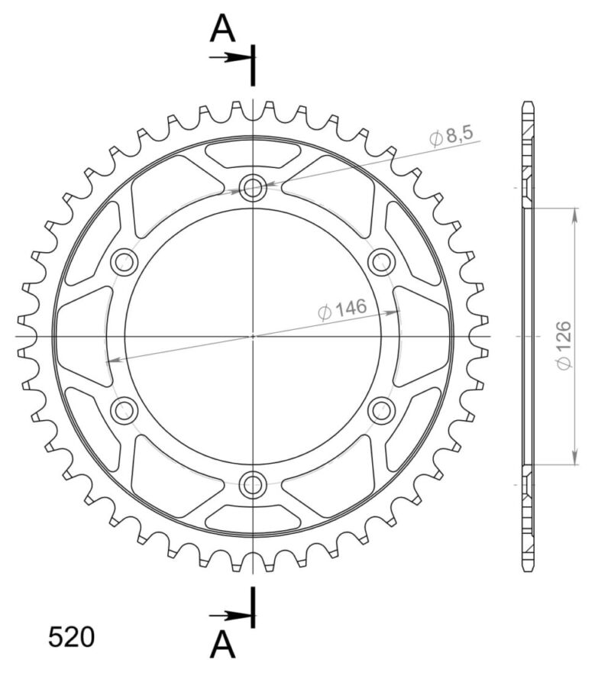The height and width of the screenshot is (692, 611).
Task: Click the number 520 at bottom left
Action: pos(72,637)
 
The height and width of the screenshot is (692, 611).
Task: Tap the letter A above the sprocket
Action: pos(223,30)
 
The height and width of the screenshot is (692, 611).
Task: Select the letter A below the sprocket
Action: pos(223,645)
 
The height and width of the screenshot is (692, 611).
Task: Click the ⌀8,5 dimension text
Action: pos(451,136)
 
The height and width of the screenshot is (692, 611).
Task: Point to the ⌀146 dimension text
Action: pos(342,309)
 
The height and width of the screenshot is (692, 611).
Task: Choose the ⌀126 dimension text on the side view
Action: pos(564,345)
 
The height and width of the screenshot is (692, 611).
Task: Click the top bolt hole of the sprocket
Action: pos(253,188)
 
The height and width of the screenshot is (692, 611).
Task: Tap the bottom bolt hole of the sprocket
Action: pos(253,484)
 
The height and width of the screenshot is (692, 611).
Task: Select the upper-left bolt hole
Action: pos(124,262)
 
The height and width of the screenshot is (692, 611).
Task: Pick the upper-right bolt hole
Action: pos(381,262)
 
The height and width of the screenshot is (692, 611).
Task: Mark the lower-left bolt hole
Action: pos(124,410)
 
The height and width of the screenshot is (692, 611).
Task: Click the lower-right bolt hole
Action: pos(381,410)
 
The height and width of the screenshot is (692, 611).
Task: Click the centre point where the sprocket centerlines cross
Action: pos(253,336)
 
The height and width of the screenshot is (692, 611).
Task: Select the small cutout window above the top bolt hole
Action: pos(253,155)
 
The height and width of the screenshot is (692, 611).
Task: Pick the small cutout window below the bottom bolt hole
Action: pos(253,518)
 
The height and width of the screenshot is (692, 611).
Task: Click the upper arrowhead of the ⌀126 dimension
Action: pos(574,215)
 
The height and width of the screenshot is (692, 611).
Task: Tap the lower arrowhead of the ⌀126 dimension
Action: pos(574,458)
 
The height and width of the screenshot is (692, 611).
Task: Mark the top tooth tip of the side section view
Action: pos(528,103)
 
